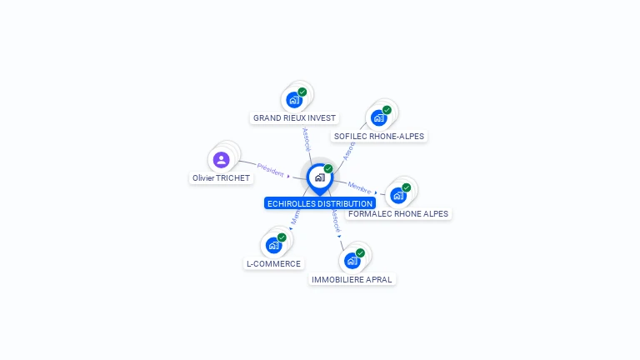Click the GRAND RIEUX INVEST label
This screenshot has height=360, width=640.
(x=294, y=118)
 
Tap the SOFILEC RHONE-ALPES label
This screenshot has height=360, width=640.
(x=379, y=136)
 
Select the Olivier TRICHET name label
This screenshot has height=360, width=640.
(x=221, y=178)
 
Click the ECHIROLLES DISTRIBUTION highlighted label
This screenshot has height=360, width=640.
(x=320, y=203)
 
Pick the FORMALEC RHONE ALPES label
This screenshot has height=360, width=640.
(x=398, y=213)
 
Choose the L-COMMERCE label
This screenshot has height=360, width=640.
(x=273, y=263)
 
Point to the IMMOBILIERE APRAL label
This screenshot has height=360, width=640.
(x=352, y=279)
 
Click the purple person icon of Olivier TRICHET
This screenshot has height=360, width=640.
(x=221, y=159)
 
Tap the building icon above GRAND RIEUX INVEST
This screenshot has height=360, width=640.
(x=293, y=100)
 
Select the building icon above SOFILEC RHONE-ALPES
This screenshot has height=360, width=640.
(x=378, y=117)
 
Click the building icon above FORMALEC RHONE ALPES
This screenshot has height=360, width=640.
(x=397, y=196)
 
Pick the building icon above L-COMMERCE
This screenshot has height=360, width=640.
(x=272, y=245)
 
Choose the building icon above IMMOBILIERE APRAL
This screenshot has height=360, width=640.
(x=351, y=261)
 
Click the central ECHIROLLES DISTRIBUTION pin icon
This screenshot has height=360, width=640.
(x=319, y=177)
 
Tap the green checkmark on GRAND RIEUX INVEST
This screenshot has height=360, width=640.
(x=302, y=92)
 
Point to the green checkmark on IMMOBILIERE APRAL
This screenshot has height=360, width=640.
(x=360, y=252)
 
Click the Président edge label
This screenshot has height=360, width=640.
(x=271, y=168)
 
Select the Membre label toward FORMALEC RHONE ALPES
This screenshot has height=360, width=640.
(x=360, y=187)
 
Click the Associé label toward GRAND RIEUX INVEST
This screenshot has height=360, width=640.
(x=306, y=137)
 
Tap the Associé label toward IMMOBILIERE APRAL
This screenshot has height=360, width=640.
(x=334, y=220)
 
